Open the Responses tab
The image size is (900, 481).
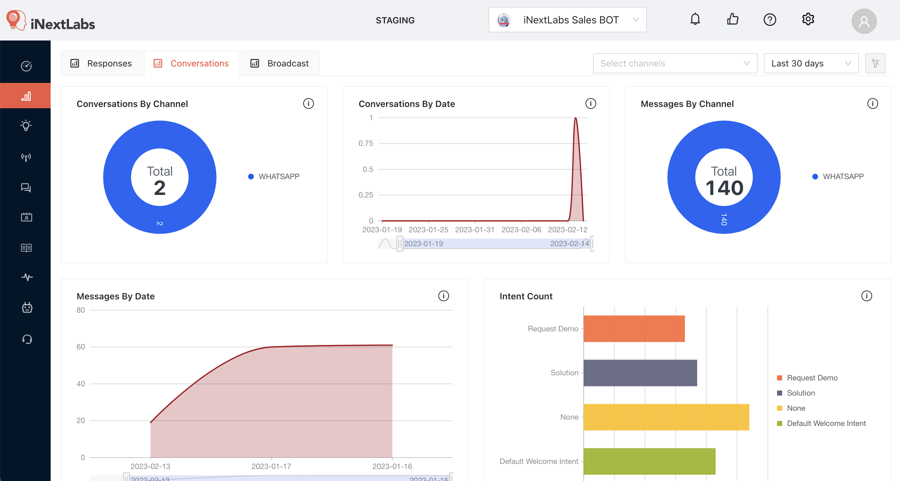coord(102,64)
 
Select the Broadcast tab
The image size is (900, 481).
coord(280,64)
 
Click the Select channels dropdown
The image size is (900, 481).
coord(675,64)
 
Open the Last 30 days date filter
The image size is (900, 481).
coord(810,64)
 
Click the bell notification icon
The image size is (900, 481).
coord(695,19)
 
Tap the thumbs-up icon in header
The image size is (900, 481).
coord(733,19)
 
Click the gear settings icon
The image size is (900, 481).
coord(808,19)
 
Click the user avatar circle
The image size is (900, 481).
coord(864,21)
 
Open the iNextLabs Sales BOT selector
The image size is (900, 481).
coord(567,20)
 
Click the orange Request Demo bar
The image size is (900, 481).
coord(634,329)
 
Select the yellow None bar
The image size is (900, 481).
coord(666,417)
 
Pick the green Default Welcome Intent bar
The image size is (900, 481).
coord(649,461)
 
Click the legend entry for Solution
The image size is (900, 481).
coord(800,393)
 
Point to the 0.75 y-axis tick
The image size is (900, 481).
coord(366,144)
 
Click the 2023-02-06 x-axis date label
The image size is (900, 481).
coord(521,230)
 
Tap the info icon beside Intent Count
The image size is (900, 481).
coord(866,296)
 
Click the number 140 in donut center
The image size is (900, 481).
coord(724,188)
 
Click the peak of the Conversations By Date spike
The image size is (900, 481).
coord(575,118)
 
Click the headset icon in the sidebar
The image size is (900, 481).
coord(27,339)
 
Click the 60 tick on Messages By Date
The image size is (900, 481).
coord(81,347)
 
